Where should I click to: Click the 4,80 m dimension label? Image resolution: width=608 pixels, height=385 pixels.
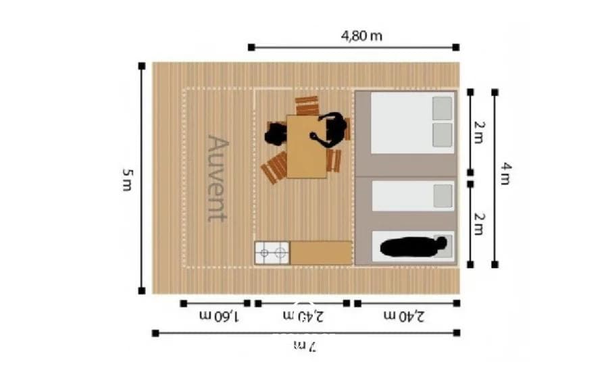click(361, 36)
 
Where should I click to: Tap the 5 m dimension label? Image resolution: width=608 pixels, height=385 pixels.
click(127, 180)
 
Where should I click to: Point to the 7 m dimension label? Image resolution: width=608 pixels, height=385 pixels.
click(305, 346)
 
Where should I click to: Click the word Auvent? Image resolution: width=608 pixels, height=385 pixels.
click(218, 178)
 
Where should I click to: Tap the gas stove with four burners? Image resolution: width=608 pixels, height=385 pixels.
click(272, 253)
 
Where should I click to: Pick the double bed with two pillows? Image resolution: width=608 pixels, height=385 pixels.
click(412, 124)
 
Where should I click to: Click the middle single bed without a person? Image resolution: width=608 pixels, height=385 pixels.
click(412, 196)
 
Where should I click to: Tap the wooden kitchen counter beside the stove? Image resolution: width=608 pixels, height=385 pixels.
click(321, 253)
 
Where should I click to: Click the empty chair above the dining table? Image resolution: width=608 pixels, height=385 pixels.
click(307, 105)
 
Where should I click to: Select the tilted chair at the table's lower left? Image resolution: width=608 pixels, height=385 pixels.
click(275, 168)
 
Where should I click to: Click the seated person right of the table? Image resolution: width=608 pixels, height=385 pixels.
click(332, 129)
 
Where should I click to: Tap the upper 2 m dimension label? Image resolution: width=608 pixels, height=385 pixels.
click(478, 132)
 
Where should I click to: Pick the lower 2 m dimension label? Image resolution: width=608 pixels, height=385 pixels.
click(478, 223)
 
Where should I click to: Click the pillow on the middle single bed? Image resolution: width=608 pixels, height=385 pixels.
click(443, 196)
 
